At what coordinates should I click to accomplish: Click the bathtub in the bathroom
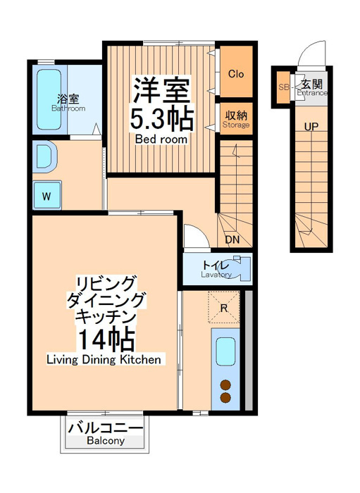pyautogui.click(x=49, y=99)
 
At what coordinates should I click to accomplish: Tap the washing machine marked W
pyautogui.click(x=46, y=195)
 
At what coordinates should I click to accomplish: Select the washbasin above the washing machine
pyautogui.click(x=44, y=156)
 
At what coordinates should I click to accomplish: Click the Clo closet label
pyautogui.click(x=236, y=74)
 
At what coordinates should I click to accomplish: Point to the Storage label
pyautogui.click(x=236, y=125)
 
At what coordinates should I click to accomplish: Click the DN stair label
pyautogui.click(x=232, y=240)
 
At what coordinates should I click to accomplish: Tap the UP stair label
pyautogui.click(x=311, y=127)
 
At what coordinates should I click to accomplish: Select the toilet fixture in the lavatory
pyautogui.click(x=240, y=268)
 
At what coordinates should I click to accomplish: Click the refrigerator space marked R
pyautogui.click(x=224, y=308)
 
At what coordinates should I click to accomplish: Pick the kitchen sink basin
pyautogui.click(x=226, y=352)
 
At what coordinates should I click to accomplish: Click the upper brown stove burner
pyautogui.click(x=225, y=385)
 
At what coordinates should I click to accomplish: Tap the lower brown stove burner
pyautogui.click(x=225, y=398)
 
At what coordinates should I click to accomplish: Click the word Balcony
pyautogui.click(x=106, y=441)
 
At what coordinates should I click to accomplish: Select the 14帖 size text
pyautogui.click(x=106, y=339)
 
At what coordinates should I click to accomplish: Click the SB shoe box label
pyautogui.click(x=283, y=87)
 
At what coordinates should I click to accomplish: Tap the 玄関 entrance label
pyautogui.click(x=311, y=85)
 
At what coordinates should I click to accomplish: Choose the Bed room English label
pyautogui.click(x=161, y=139)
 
